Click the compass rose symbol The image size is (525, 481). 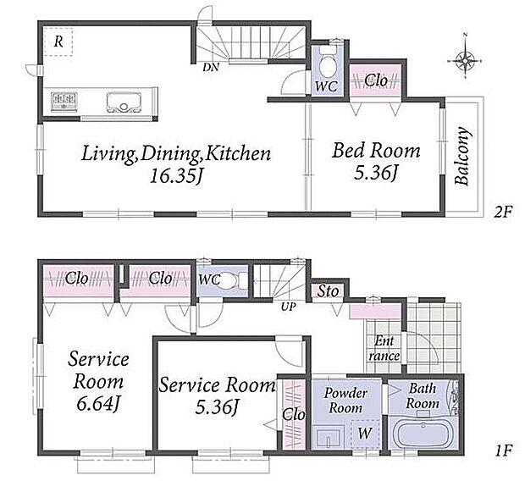click(465, 61)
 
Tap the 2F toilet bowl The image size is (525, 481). click(327, 64)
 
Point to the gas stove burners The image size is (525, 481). click(64, 100)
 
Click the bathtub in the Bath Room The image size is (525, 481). click(423, 434)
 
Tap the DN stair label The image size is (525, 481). click(211, 68)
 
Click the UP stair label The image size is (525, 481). click(288, 307)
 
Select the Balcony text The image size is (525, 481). click(462, 156)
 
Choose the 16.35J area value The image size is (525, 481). click(176, 175)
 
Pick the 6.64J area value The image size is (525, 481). click(97, 404)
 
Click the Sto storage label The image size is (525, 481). click(328, 291)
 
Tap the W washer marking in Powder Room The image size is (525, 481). click(365, 434)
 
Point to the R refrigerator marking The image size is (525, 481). click(58, 41)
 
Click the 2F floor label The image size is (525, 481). click(503, 212)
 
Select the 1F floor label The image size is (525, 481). click(503, 451)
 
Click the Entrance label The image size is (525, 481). click(384, 348)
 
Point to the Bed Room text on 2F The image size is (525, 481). click(376, 151)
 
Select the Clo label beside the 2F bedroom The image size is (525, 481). click(376, 80)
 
